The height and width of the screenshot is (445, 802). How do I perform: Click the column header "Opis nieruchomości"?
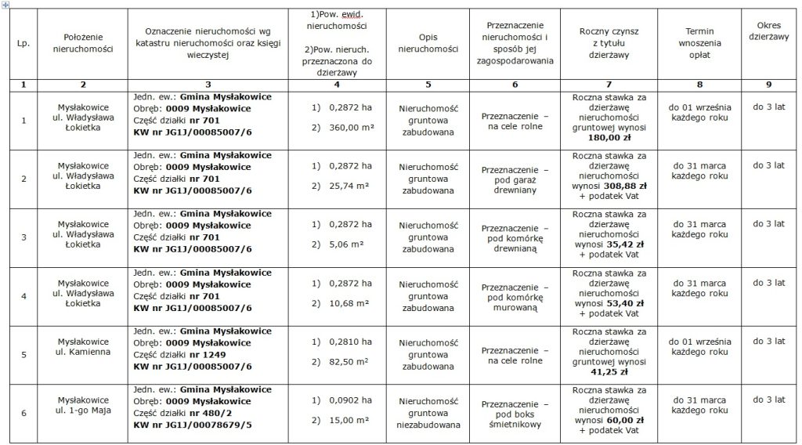(x=428, y=42)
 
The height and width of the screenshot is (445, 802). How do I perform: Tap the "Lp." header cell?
(x=23, y=42)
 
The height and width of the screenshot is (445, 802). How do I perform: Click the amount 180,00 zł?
(x=602, y=136)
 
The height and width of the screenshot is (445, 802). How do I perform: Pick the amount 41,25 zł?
(x=602, y=372)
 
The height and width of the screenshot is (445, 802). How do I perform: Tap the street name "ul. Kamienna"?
(x=84, y=352)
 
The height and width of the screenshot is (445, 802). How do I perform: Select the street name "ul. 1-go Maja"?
(x=84, y=411)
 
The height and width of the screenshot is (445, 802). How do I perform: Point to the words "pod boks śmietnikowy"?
(x=514, y=419)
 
